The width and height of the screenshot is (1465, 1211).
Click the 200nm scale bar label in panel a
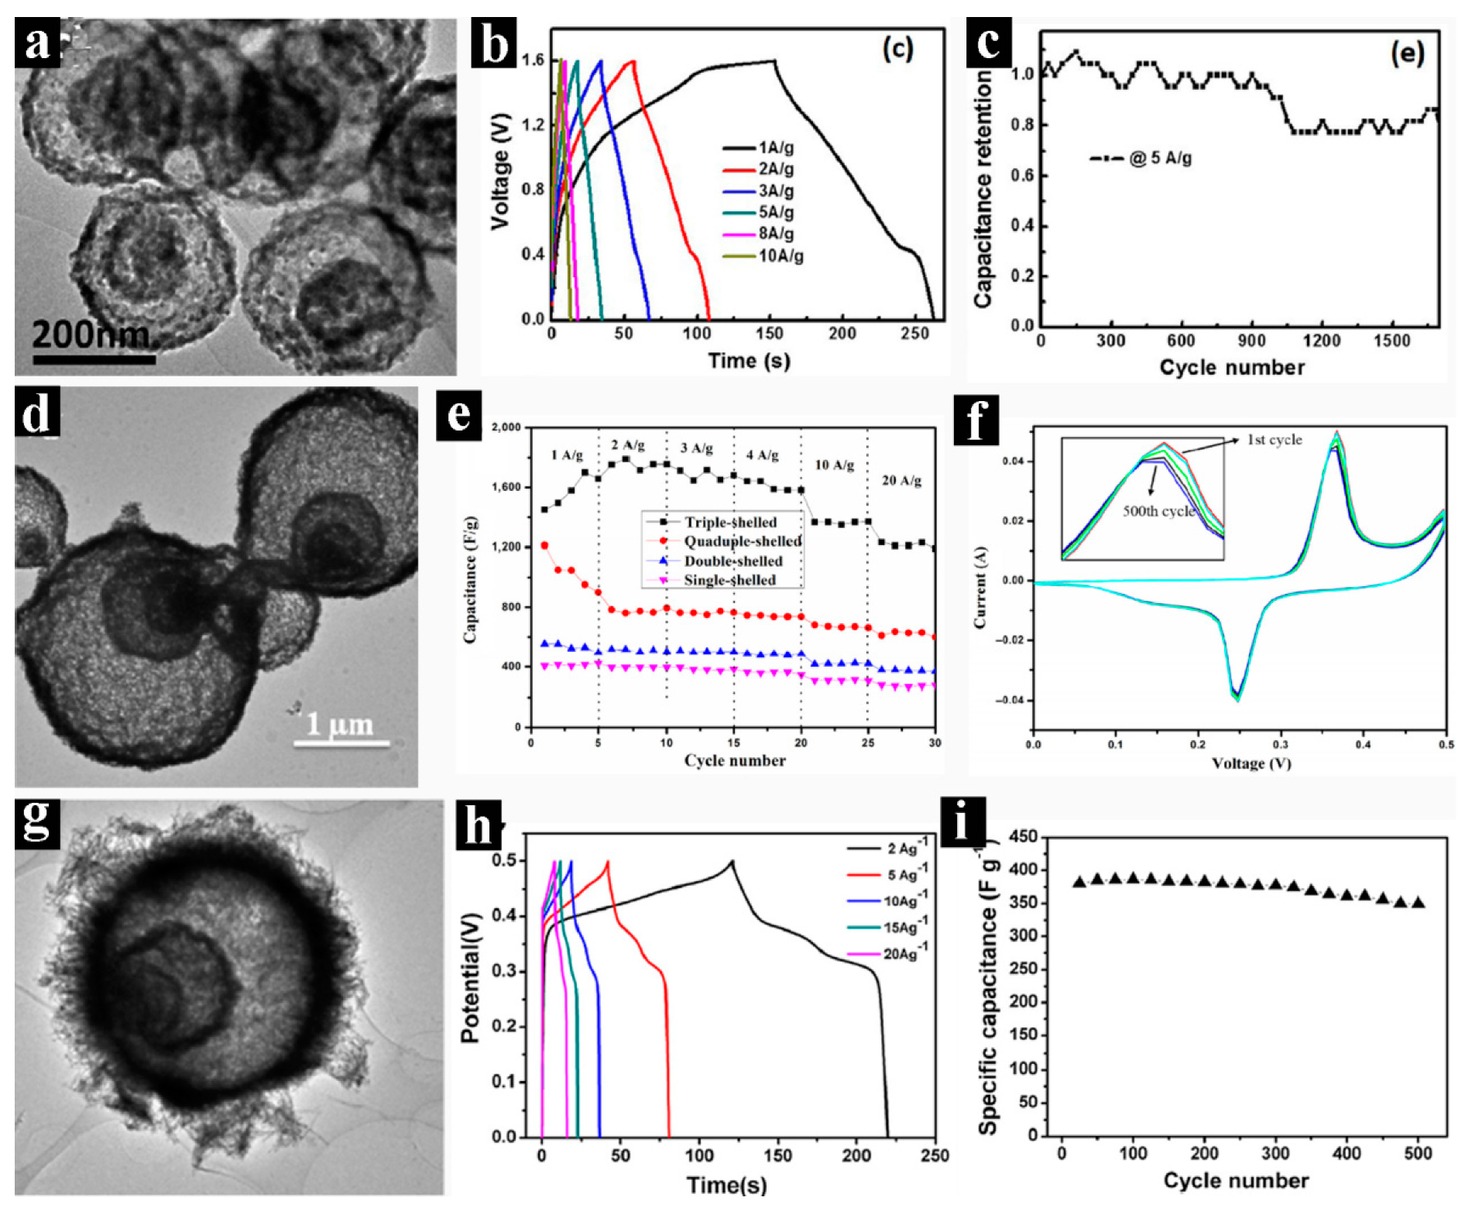[91, 334]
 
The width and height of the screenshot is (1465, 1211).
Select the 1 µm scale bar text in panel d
[339, 724]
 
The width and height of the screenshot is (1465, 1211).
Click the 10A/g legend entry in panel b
[780, 256]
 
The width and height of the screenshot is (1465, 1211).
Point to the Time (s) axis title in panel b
[749, 361]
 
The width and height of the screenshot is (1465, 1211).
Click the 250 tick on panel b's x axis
[914, 334]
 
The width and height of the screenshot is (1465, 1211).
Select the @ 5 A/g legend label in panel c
[1160, 159]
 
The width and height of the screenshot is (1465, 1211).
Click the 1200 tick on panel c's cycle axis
[1321, 341]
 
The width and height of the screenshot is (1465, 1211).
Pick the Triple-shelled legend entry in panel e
[729, 523]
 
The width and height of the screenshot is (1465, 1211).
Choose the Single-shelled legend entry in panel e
[729, 580]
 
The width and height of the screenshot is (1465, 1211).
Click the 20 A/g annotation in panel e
[901, 481]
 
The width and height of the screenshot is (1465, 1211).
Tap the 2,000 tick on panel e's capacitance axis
[507, 427]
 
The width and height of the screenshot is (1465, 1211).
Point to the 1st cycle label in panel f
[1274, 440]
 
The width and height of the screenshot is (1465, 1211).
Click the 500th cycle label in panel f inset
[1158, 511]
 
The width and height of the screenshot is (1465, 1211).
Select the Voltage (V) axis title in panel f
[1251, 763]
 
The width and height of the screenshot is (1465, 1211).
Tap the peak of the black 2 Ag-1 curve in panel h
[732, 861]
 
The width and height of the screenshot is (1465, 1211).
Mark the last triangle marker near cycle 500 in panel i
[1418, 903]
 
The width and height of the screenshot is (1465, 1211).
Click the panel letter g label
[36, 822]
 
